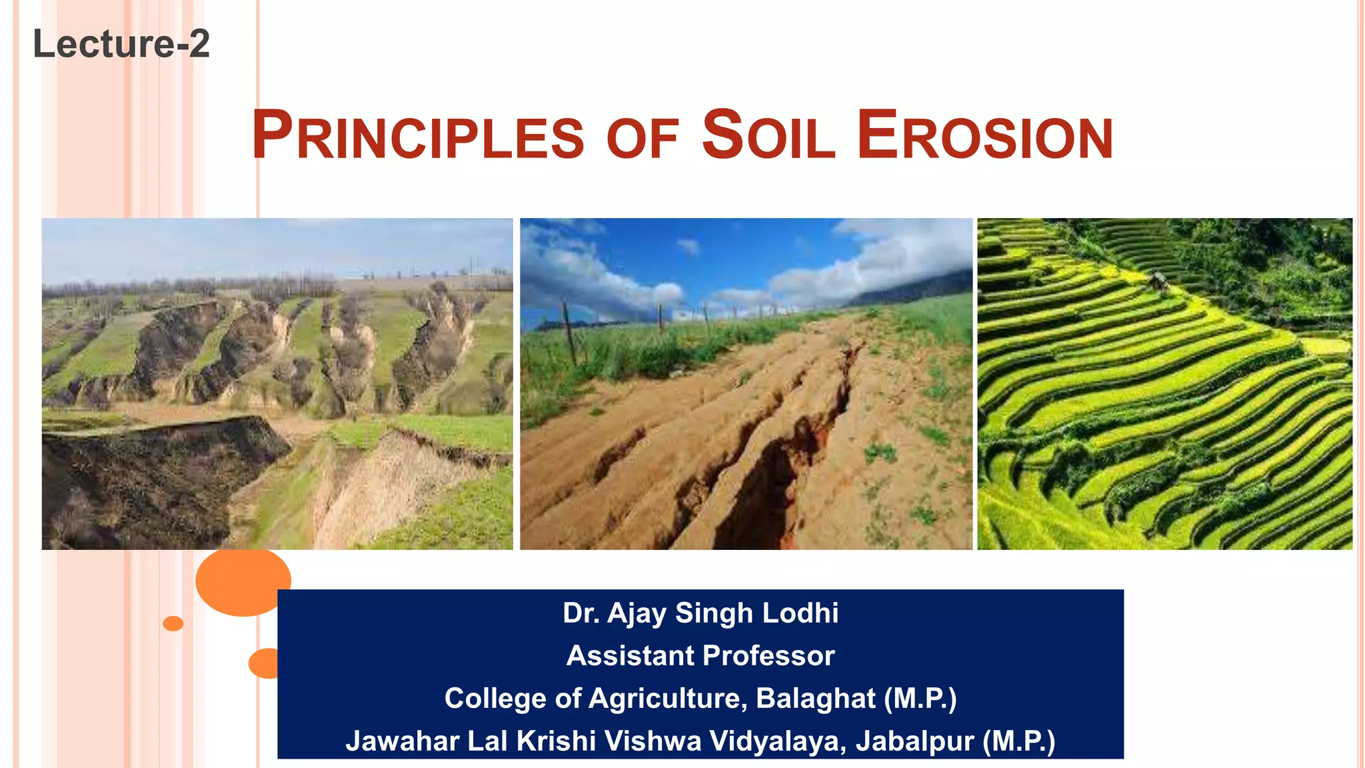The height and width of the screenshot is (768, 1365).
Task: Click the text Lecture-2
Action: (x=121, y=44)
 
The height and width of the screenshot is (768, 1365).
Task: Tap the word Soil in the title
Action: (x=768, y=136)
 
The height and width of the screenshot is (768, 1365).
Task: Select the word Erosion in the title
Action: (x=984, y=136)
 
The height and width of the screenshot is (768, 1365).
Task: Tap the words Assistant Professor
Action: (x=700, y=656)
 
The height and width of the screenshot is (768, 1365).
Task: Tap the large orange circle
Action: (x=243, y=581)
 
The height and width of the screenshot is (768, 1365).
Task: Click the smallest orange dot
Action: (x=173, y=623)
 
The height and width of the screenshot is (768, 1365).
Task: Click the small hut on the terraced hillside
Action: (x=1159, y=280)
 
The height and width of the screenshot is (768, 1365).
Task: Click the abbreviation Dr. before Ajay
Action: (x=581, y=613)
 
